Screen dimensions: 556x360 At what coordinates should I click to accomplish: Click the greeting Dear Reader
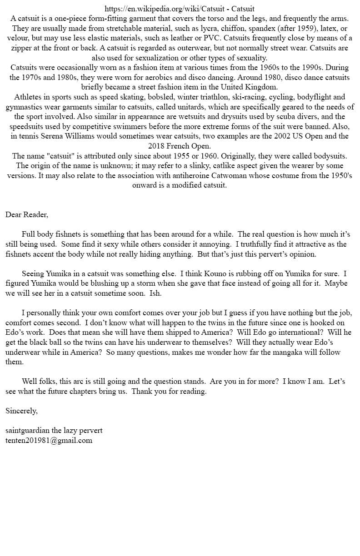[26, 214]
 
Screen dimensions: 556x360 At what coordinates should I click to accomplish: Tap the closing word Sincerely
[21, 411]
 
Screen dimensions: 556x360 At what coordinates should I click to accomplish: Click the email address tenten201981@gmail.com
[49, 440]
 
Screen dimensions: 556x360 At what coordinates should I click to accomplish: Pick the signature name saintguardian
[29, 430]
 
